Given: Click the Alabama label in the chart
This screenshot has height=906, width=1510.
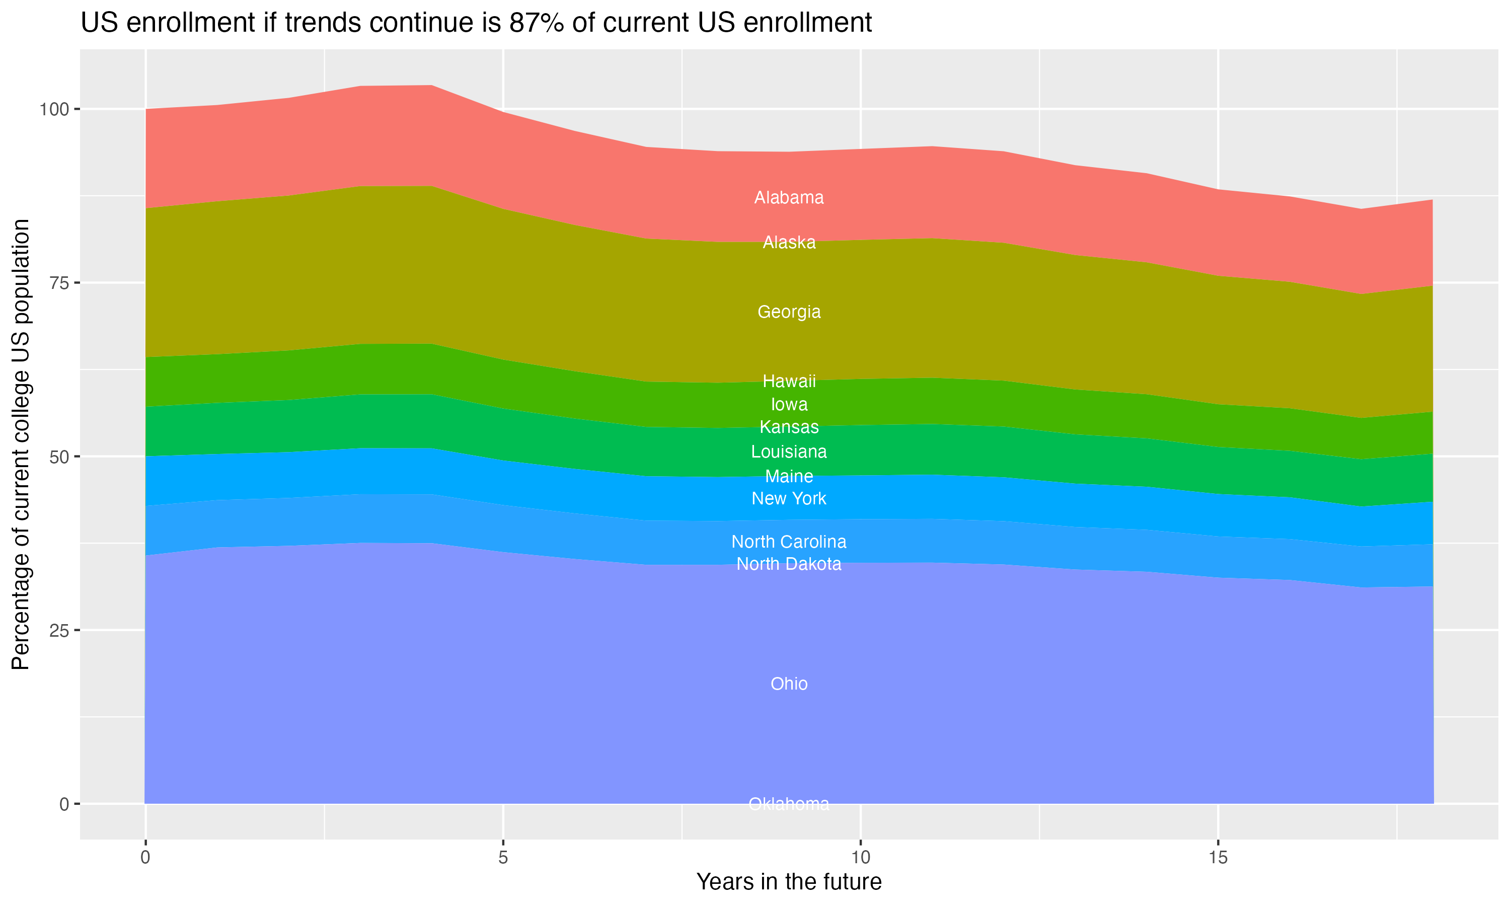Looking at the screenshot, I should [789, 198].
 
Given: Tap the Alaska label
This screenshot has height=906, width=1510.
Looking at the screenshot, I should [789, 243].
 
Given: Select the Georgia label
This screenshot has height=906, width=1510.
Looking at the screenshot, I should [789, 312].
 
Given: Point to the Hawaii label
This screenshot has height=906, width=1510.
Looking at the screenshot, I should [789, 382].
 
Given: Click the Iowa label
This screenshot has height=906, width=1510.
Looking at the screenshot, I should [789, 405].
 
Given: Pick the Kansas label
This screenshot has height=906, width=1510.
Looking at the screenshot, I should [789, 427].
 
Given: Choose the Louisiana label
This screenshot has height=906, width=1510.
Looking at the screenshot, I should [789, 452].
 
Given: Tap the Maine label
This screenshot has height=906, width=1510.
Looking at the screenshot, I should [789, 477].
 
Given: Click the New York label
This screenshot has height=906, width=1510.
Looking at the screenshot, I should [789, 499].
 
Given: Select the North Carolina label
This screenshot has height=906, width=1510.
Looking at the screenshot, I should [789, 542].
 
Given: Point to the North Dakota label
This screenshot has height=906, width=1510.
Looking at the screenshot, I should [789, 564].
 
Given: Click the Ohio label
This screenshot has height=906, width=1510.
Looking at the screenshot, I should [789, 684].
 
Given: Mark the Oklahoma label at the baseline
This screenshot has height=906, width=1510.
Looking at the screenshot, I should [789, 804].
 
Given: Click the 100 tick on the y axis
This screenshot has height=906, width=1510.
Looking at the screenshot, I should [54, 110].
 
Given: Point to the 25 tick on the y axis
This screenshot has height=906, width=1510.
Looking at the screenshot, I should [58, 631].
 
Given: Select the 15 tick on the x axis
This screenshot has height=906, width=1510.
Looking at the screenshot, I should [1218, 858].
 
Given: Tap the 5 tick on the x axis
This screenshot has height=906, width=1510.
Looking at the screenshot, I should [503, 858].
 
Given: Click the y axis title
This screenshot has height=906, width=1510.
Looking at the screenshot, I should [21, 444].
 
